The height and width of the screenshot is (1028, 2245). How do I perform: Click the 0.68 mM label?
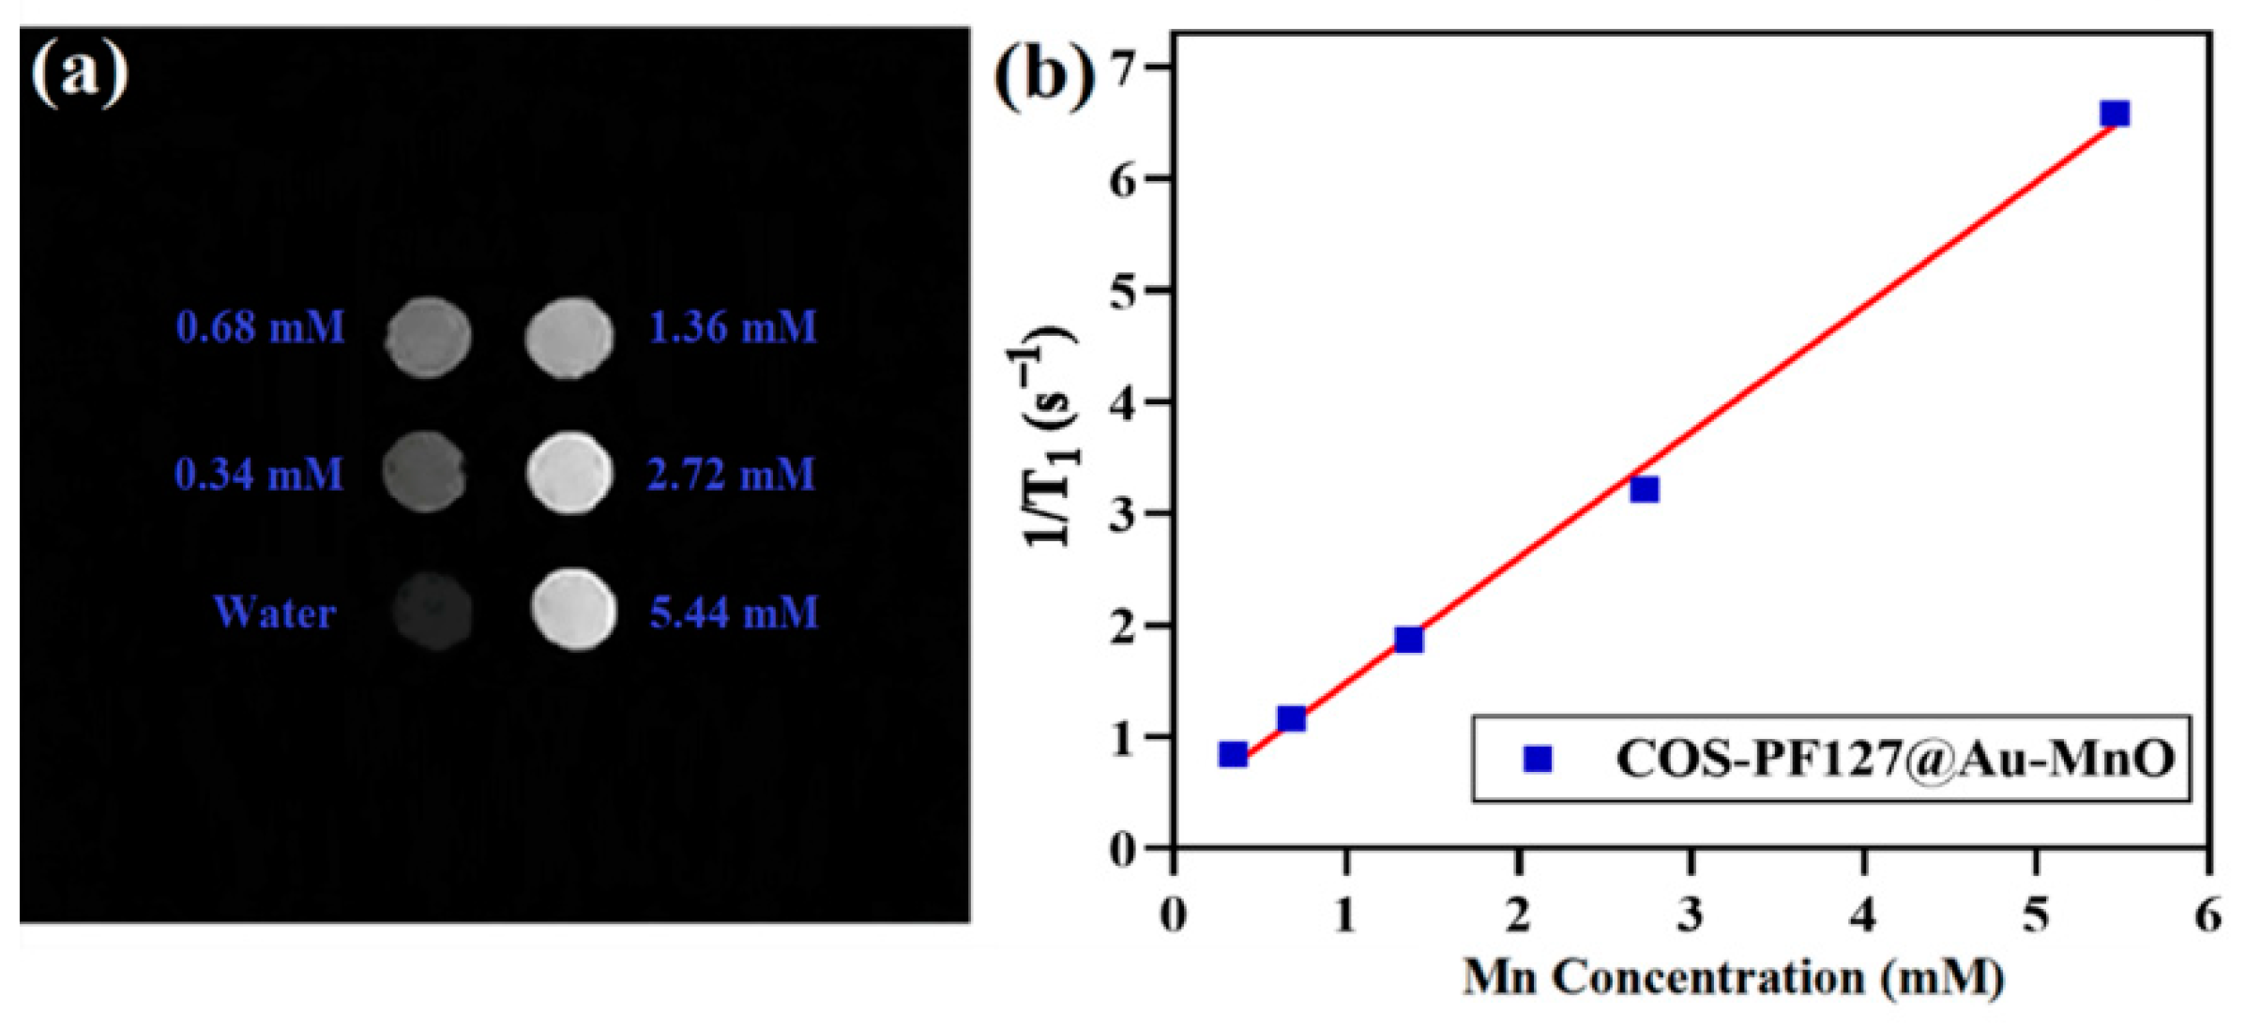point(260,327)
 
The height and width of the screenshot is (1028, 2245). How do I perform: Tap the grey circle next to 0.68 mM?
point(428,337)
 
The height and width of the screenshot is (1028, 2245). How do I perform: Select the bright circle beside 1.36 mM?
point(569,337)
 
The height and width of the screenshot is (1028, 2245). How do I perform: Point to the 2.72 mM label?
point(731,474)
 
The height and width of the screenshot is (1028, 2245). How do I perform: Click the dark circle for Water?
point(432,612)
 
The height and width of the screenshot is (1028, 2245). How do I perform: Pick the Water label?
point(274,612)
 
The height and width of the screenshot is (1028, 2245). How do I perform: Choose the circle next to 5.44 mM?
point(573,610)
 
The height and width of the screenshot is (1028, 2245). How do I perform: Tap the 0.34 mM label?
point(259,474)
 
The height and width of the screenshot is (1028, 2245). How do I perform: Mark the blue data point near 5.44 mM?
point(2115,113)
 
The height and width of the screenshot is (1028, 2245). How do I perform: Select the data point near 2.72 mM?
point(1644,489)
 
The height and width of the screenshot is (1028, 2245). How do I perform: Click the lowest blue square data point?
point(1233,754)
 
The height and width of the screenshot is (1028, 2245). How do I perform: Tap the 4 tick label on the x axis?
point(1863,914)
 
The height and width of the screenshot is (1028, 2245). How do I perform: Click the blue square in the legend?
point(1538,758)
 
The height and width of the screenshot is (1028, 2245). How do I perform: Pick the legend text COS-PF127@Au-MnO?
point(1894,758)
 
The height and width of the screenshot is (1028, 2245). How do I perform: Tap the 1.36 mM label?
point(733,327)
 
